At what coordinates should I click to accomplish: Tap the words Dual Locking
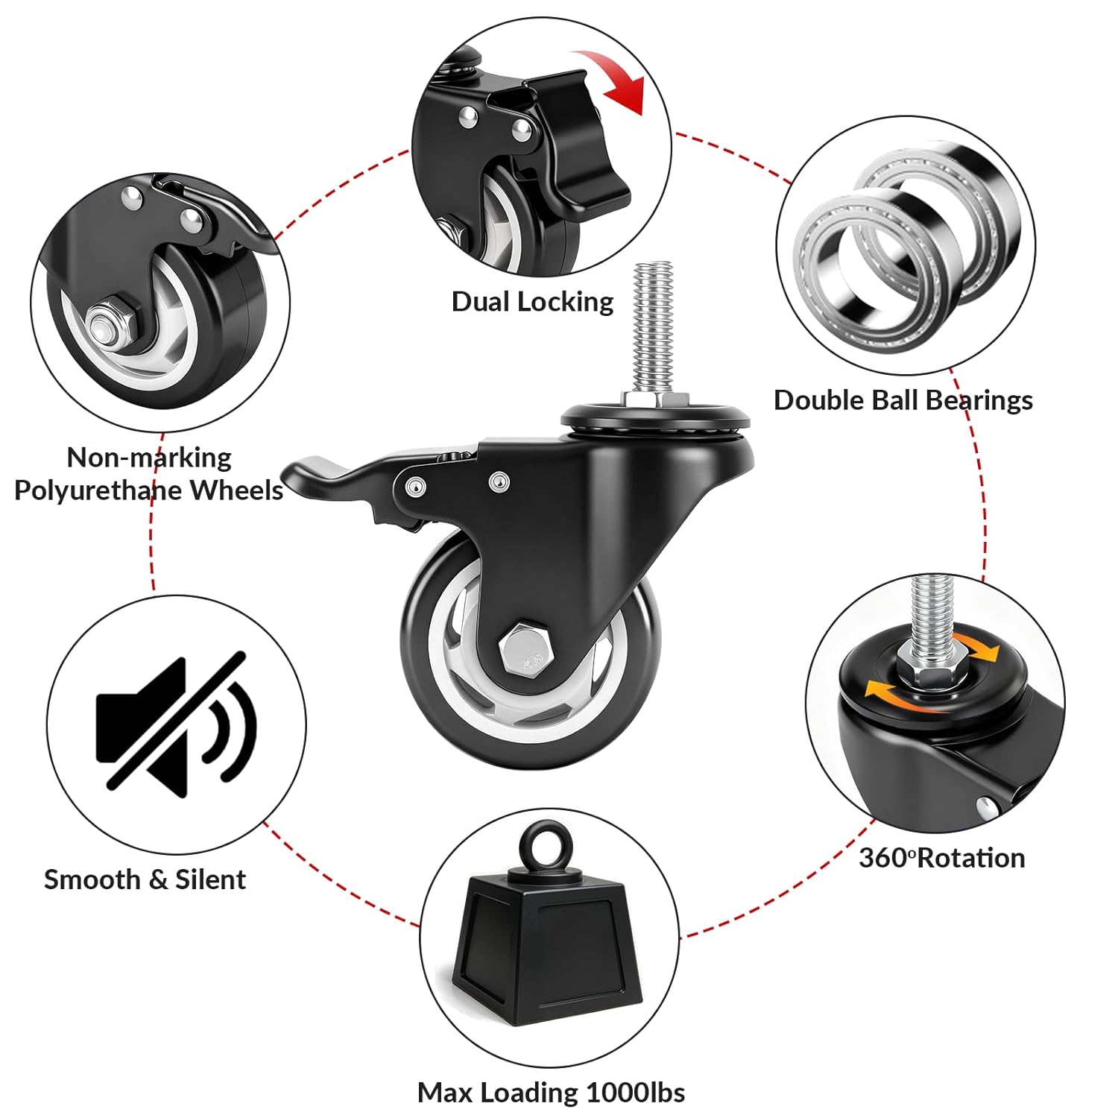[x=532, y=302]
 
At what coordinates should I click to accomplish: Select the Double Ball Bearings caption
[x=903, y=400]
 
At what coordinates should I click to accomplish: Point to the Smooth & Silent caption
[x=145, y=879]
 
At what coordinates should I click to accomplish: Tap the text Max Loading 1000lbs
[x=551, y=1093]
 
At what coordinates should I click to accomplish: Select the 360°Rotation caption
[x=941, y=858]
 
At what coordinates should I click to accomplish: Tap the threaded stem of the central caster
[x=653, y=328]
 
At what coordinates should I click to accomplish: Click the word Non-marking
[x=149, y=458]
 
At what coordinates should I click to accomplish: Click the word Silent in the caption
[x=210, y=879]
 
